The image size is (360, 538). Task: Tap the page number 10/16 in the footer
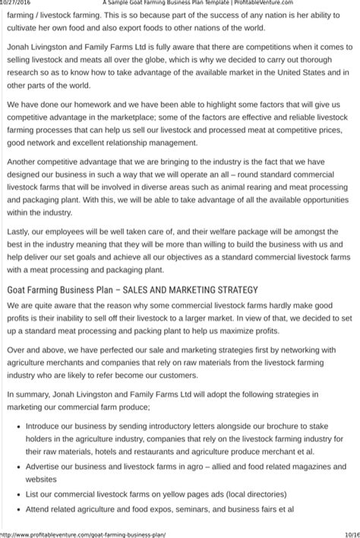click(349, 533)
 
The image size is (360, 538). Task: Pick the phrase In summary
click(30, 394)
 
